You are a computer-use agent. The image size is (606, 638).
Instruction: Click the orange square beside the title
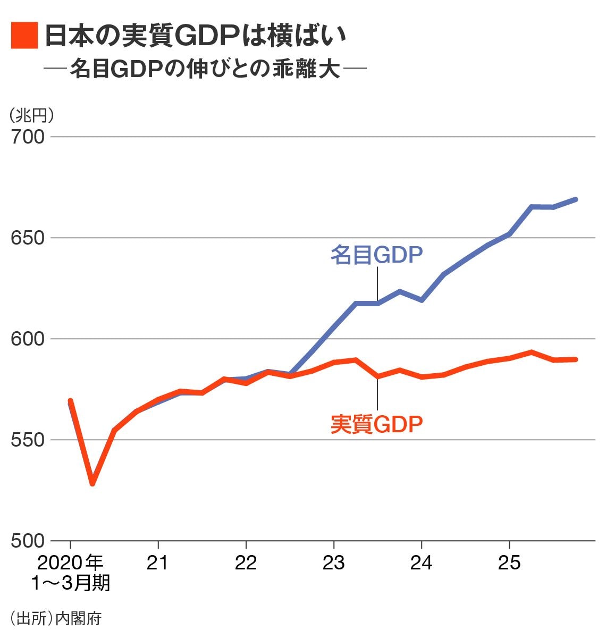24,36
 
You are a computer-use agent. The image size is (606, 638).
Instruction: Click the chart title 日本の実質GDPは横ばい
195,36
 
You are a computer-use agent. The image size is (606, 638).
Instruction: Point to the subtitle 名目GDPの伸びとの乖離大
205,69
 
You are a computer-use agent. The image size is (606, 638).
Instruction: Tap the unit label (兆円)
31,115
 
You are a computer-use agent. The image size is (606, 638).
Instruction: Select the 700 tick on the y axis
28,137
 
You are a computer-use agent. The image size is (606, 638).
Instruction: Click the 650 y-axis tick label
28,238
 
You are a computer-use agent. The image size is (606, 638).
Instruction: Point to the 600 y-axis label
28,339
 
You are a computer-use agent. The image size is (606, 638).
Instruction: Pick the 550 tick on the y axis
28,440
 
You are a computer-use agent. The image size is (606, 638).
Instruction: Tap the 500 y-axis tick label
28,541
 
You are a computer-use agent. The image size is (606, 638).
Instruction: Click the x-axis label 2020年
70,563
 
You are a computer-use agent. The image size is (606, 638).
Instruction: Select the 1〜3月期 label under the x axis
70,583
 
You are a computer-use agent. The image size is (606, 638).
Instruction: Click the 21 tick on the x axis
158,563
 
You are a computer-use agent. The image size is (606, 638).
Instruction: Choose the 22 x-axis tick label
246,563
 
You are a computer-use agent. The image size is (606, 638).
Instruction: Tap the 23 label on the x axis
333,563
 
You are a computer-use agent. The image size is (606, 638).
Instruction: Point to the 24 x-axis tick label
422,563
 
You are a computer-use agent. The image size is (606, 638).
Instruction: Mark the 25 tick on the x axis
509,563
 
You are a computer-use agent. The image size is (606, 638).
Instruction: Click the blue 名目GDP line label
376,255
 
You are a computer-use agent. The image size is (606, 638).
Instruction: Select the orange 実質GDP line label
376,424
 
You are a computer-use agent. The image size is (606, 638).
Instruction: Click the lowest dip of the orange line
92,483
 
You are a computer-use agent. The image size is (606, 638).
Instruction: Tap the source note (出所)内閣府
55,618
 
